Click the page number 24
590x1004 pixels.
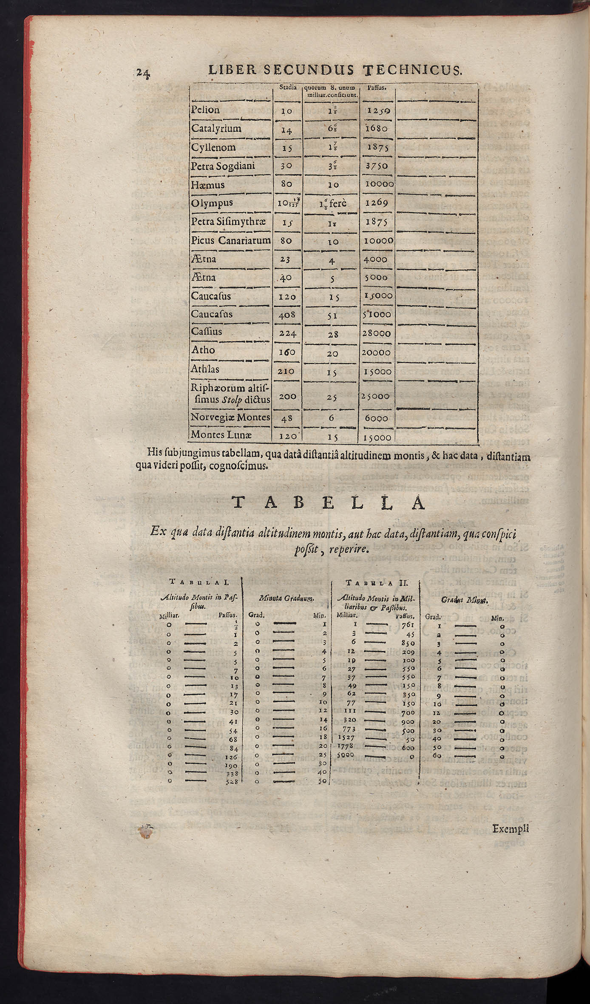coord(143,74)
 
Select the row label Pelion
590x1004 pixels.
coord(205,110)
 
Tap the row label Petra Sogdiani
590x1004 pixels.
coord(223,166)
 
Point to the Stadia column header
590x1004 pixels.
coord(288,88)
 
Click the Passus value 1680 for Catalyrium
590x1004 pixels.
coord(376,128)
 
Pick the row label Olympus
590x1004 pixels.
coord(212,203)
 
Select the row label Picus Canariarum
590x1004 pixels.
coord(230,240)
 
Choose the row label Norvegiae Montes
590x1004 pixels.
coord(230,417)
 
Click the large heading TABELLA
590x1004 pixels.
coord(329,503)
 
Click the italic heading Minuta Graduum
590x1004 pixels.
coord(286,598)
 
